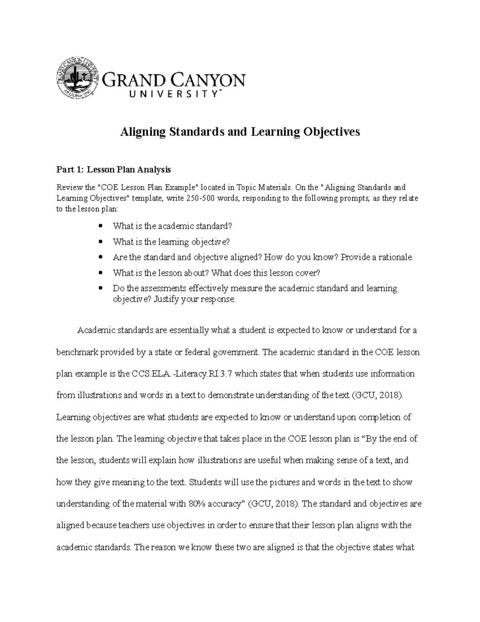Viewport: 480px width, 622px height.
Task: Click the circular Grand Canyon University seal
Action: pos(78,78)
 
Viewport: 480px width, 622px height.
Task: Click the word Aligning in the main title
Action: pos(143,132)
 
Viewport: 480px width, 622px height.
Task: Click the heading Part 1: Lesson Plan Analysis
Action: pos(114,169)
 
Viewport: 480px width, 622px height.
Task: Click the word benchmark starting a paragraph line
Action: pos(77,352)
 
